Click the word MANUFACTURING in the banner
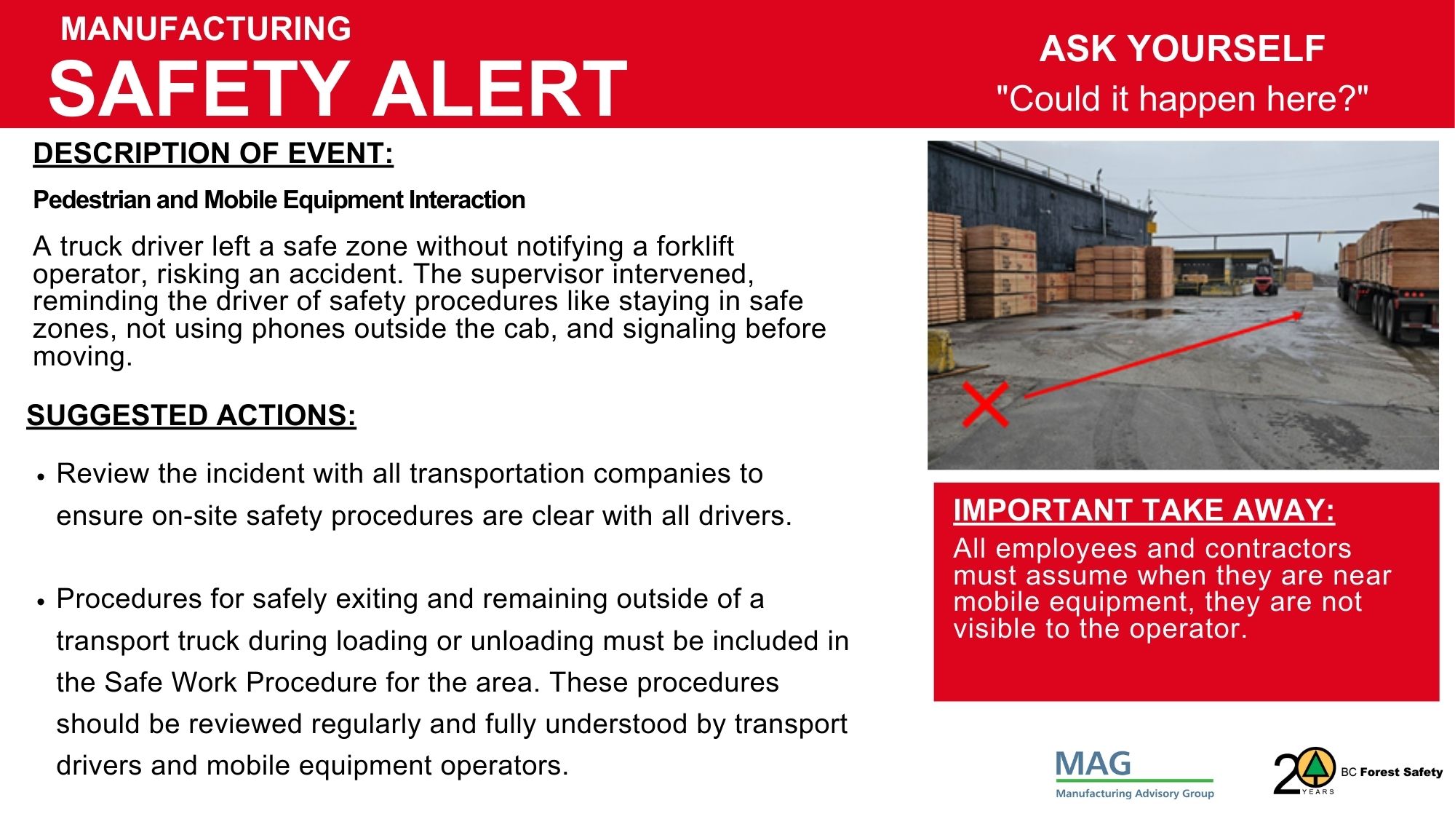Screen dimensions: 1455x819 pyautogui.click(x=206, y=29)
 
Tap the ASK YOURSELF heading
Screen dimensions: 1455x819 pyautogui.click(x=1182, y=50)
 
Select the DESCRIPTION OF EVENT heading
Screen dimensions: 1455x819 pyautogui.click(x=213, y=154)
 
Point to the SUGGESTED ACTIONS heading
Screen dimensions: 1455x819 pyautogui.click(x=191, y=416)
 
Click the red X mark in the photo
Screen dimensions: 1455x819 pyautogui.click(x=985, y=404)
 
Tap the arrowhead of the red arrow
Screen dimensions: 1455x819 pyautogui.click(x=1296, y=315)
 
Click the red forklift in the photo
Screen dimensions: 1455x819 pyautogui.click(x=1264, y=279)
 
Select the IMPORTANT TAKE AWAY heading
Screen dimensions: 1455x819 pyautogui.click(x=1144, y=510)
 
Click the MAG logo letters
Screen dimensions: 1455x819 pyautogui.click(x=1093, y=764)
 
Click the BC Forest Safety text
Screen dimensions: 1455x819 pyautogui.click(x=1392, y=772)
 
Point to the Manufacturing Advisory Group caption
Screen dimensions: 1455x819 pyautogui.click(x=1135, y=794)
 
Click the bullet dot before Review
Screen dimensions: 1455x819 pyautogui.click(x=41, y=477)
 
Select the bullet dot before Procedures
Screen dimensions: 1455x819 pyautogui.click(x=41, y=602)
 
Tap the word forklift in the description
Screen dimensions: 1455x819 pyautogui.click(x=695, y=246)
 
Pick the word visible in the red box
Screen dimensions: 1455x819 pyautogui.click(x=996, y=628)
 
